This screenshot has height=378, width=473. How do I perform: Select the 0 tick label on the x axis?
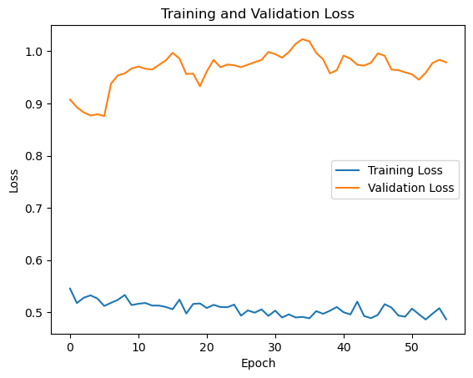(x=70, y=346)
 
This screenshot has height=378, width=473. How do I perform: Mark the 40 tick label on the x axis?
(x=344, y=346)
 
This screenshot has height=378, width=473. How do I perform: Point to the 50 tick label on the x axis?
(x=412, y=346)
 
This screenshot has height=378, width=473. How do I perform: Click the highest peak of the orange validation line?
(x=303, y=39)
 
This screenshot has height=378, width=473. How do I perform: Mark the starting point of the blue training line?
(x=70, y=289)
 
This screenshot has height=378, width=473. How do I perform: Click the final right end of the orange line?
(x=446, y=63)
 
